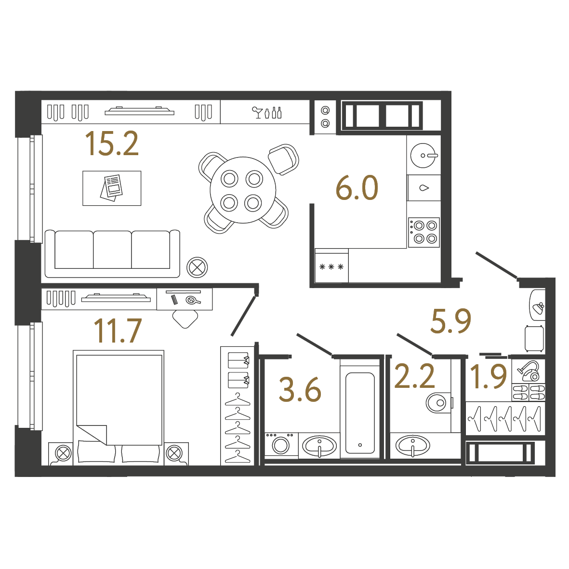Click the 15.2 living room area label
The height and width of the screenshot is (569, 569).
click(112, 144)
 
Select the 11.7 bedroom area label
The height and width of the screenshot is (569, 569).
click(118, 331)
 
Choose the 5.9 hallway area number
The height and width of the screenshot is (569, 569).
click(450, 321)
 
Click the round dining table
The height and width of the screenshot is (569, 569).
click(243, 190)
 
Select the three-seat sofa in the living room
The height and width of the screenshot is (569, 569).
click(112, 253)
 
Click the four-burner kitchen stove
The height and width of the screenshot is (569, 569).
click(424, 232)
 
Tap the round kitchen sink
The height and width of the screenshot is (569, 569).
click(423, 155)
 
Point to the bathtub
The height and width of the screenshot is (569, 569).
click(360, 412)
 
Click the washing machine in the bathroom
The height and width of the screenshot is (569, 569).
click(281, 444)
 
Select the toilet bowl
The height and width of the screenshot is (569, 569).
click(438, 402)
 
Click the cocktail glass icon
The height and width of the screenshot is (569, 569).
click(257, 112)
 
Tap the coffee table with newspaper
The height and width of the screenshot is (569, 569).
click(112, 188)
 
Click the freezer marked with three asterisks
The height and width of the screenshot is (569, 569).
click(331, 265)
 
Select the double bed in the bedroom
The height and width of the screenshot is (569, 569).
click(119, 408)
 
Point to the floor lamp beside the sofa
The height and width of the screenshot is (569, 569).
click(197, 267)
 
